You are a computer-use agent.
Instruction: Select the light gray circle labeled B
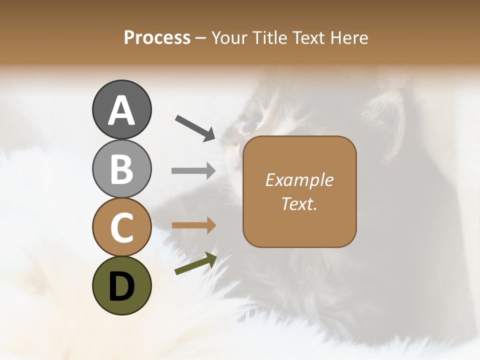[121, 168]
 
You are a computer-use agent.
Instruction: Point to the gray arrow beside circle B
[193, 171]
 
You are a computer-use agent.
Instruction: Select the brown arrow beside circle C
[193, 225]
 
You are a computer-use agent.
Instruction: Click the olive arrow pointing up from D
[195, 264]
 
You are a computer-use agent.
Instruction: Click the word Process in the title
[157, 37]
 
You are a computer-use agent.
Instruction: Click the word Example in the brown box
[299, 180]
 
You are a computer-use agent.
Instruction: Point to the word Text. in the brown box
[299, 203]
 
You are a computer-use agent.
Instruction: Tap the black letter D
[121, 286]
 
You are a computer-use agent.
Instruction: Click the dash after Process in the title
[201, 38]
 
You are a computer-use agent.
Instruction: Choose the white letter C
[121, 227]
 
